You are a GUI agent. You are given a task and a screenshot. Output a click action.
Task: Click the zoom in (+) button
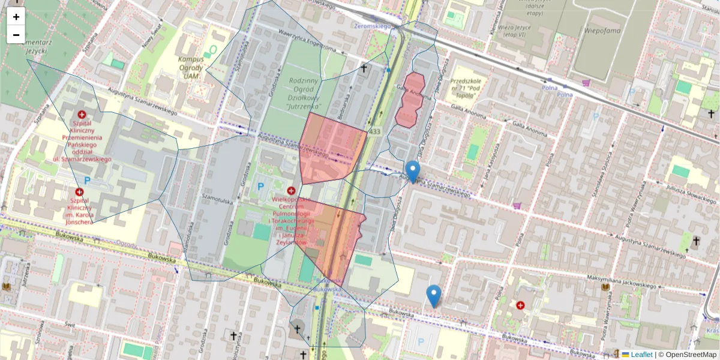16,17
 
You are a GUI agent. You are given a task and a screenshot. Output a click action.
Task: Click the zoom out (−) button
16,35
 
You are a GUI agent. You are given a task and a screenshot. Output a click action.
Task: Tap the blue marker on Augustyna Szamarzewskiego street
412,172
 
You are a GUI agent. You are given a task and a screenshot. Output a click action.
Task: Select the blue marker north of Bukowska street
434,296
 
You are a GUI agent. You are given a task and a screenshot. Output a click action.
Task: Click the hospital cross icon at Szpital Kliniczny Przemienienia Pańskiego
82,114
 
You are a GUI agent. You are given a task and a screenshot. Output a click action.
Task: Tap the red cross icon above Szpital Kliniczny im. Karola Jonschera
79,192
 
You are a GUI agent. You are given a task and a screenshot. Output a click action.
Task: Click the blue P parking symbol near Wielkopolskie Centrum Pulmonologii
260,187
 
